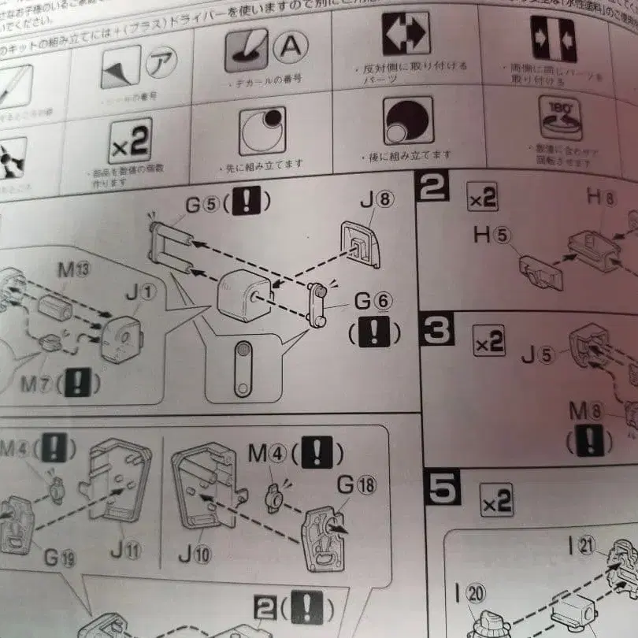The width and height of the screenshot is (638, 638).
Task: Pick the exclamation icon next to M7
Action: pos(76,382)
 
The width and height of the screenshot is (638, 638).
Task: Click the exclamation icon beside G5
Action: pos(247,202)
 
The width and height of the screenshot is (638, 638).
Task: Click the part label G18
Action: pos(356,485)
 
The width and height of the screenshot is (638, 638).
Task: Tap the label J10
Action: pos(194,554)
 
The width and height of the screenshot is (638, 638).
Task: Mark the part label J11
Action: pos(126,551)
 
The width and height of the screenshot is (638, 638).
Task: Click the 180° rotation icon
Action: pos(560,119)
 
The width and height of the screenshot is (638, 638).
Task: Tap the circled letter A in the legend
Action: pos(291,48)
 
